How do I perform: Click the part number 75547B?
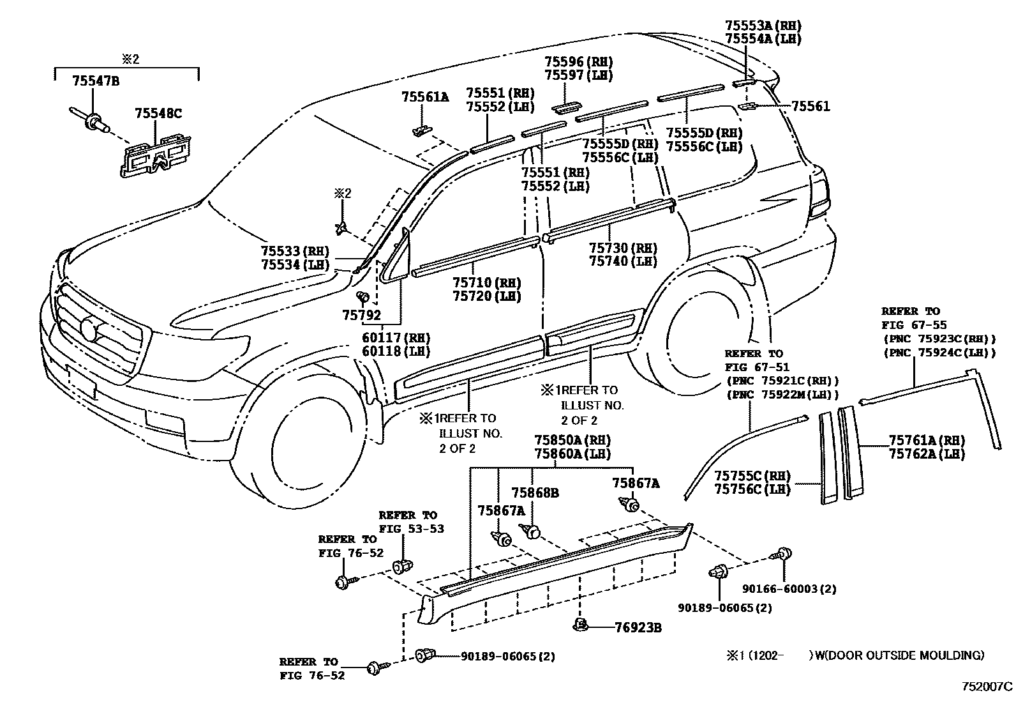click(95, 80)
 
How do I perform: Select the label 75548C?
click(158, 114)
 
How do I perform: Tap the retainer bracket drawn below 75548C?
click(156, 155)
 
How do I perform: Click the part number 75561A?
click(424, 97)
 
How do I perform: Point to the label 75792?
click(361, 315)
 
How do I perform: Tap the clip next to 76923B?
click(580, 624)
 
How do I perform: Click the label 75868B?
click(535, 493)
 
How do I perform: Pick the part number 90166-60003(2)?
click(789, 589)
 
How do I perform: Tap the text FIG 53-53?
click(411, 529)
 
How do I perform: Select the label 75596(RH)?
click(578, 61)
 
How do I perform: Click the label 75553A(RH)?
click(763, 25)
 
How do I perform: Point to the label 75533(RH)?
click(294, 251)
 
